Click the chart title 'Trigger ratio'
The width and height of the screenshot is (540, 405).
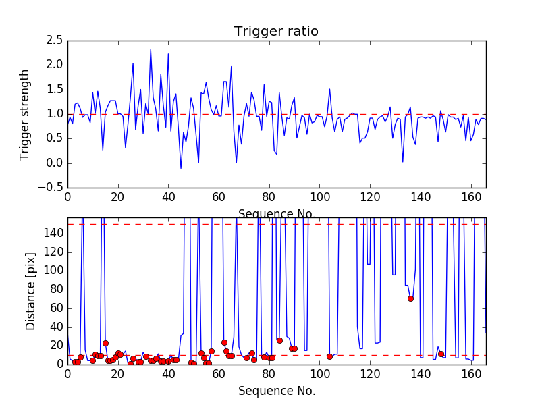coord(276,32)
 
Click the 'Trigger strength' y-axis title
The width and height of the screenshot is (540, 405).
coord(25,114)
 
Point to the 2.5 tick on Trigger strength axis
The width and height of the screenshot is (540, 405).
coord(55,40)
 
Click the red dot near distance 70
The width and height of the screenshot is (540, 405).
coord(410,298)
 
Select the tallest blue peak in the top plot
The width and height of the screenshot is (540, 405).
coord(151,49)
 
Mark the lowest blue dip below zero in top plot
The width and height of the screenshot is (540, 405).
coord(181,168)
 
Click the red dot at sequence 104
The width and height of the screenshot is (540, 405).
coord(329,356)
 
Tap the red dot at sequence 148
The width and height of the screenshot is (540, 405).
coord(441,354)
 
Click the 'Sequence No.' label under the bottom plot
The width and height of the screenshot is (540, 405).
coord(276,391)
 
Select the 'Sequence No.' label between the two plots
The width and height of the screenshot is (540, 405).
coord(276,214)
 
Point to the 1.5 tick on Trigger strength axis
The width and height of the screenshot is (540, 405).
coord(55,90)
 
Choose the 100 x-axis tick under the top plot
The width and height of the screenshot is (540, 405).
coord(319,197)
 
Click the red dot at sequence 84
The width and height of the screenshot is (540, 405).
coord(279,340)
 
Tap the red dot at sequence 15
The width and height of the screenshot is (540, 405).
coord(105,343)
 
